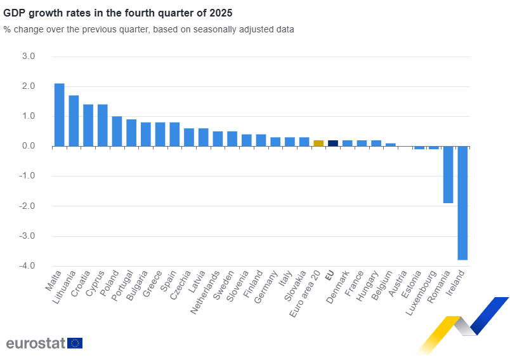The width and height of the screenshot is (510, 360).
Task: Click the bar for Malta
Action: click(x=59, y=115)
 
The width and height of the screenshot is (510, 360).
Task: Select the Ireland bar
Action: click(x=462, y=203)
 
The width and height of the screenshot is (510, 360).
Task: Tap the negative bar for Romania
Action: click(x=448, y=175)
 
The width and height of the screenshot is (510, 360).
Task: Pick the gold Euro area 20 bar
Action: click(x=318, y=143)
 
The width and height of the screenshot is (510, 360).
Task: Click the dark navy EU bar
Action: click(x=333, y=143)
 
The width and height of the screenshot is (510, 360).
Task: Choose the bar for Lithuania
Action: click(x=74, y=121)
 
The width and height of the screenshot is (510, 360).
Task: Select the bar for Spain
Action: click(x=174, y=134)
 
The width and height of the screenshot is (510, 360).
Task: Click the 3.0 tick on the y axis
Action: click(x=28, y=57)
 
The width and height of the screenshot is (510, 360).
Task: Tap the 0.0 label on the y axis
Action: click(x=28, y=146)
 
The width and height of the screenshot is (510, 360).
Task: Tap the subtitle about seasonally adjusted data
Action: click(x=148, y=29)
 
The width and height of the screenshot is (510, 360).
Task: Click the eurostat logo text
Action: click(x=36, y=343)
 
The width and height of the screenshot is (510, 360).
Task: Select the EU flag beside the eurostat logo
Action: click(x=75, y=343)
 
